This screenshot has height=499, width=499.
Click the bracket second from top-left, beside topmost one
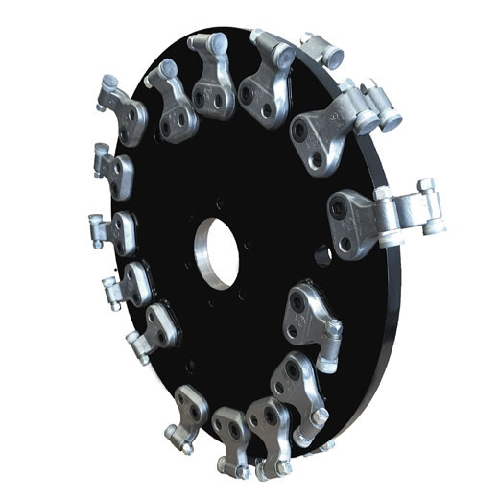pos(173,101)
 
